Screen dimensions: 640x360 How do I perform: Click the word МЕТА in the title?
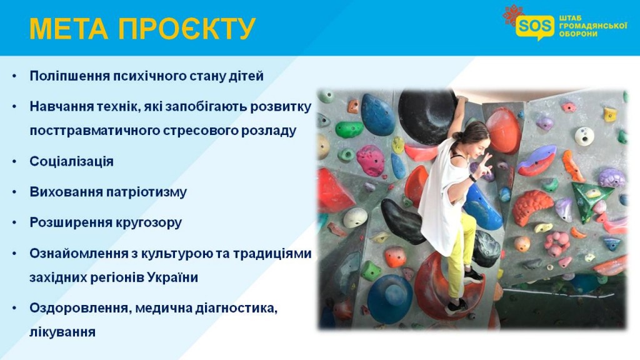69,29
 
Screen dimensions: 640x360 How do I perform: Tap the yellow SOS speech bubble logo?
535,27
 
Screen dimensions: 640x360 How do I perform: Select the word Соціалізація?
71,161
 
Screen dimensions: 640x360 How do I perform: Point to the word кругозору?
149,222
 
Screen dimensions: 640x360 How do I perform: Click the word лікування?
62,332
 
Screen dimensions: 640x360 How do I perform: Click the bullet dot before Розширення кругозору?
15,222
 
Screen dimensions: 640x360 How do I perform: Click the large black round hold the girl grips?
427,117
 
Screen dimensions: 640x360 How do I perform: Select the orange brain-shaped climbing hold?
531,207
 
